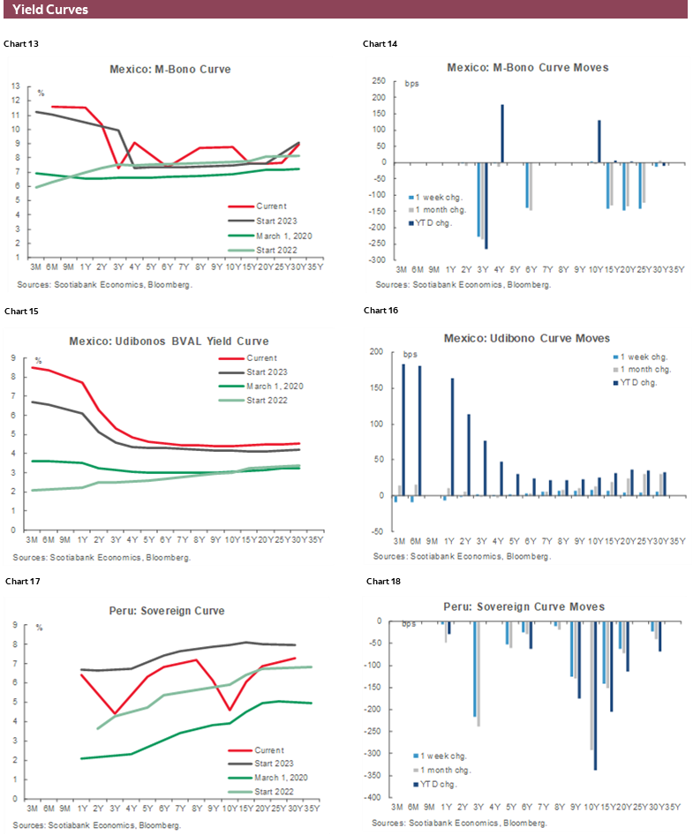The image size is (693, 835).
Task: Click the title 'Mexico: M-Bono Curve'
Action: (170, 69)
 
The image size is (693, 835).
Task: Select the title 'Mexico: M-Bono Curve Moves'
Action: (526, 67)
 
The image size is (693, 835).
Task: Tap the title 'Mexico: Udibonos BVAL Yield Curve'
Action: (169, 341)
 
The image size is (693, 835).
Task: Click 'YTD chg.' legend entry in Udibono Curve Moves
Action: (639, 381)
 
